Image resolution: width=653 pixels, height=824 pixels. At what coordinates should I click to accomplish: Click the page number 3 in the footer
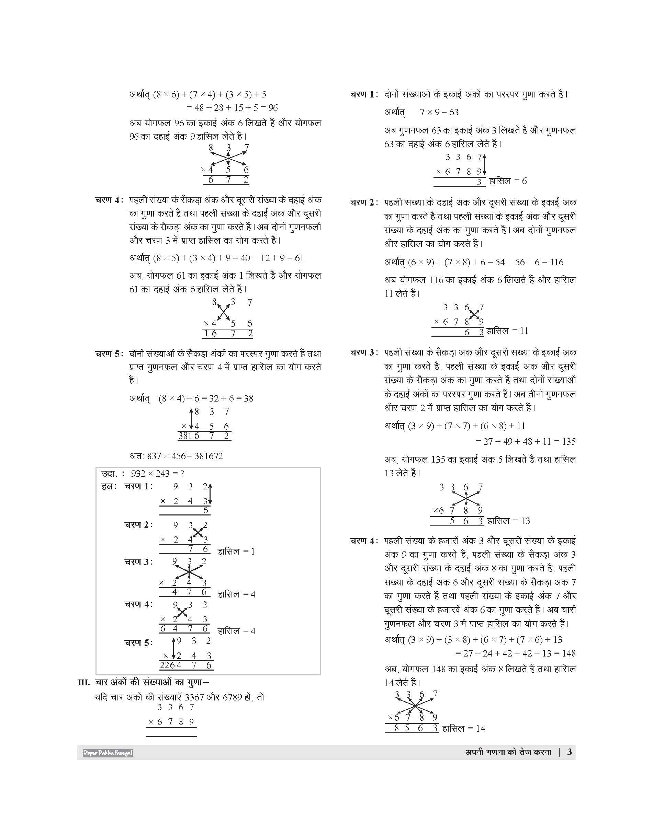point(569,752)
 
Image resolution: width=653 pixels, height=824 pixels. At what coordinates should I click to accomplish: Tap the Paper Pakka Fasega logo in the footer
point(108,753)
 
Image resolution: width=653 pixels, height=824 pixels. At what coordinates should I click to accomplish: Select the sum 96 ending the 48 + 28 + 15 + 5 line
point(273,108)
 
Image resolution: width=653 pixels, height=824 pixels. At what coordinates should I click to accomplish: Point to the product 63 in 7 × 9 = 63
point(454,112)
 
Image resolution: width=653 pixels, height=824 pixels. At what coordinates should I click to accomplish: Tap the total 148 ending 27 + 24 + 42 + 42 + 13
point(568,653)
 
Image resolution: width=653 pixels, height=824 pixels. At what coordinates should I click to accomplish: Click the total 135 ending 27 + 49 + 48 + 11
point(568,442)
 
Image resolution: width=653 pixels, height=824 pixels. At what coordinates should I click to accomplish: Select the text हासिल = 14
point(464,729)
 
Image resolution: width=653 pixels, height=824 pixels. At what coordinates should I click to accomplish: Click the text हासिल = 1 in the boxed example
point(236,551)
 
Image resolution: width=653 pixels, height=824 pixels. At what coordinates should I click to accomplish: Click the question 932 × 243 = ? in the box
point(158,474)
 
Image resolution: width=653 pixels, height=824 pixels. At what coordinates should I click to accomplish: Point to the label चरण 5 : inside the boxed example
point(138,642)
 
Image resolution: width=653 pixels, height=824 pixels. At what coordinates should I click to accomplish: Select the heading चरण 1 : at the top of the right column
point(363,94)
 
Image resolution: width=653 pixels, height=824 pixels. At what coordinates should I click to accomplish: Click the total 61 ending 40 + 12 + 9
point(299,258)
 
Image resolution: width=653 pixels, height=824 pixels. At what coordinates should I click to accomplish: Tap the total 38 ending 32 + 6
point(248,398)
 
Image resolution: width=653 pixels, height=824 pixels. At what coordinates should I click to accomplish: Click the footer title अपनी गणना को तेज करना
point(508,752)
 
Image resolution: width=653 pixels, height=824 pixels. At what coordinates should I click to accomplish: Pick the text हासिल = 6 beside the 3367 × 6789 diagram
point(508,181)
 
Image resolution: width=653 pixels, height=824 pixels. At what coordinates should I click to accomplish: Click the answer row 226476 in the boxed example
point(186,665)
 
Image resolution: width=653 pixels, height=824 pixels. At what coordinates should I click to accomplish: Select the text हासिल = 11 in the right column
point(507,331)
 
